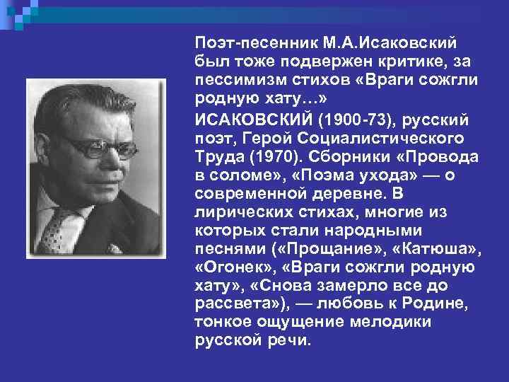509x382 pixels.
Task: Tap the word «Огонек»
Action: tap(228, 269)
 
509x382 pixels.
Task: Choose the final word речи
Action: tap(288, 340)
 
